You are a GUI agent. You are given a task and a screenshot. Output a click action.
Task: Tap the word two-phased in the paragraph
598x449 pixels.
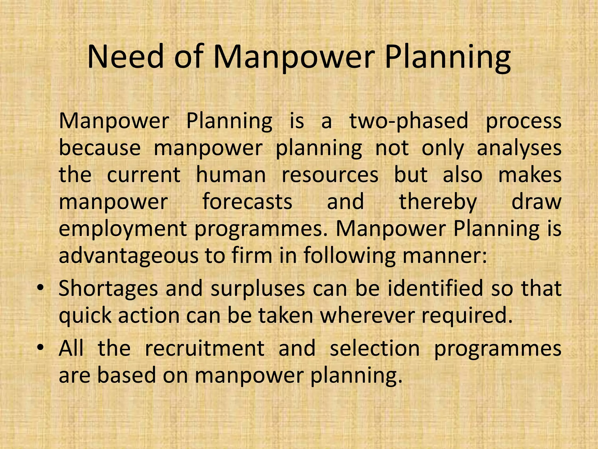click(x=409, y=121)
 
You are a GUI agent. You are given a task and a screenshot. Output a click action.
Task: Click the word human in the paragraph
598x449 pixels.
click(x=231, y=175)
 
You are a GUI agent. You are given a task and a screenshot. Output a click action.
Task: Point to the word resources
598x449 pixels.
click(x=330, y=175)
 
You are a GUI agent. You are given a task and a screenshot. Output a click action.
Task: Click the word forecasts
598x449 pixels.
click(x=247, y=202)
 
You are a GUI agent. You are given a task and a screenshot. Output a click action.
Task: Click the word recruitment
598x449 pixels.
click(x=204, y=348)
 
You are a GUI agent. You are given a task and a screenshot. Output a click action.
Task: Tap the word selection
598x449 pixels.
click(x=375, y=348)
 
